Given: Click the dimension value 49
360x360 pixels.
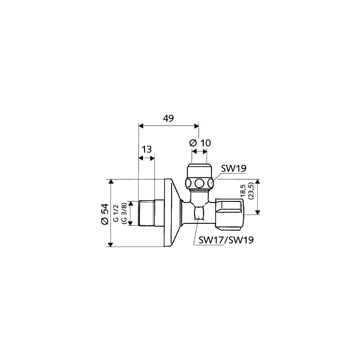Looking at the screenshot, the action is (168, 118).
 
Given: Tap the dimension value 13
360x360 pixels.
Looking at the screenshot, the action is (147, 149).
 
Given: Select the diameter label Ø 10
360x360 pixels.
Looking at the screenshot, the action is (200, 143).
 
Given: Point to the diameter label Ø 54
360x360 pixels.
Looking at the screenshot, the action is (104, 214).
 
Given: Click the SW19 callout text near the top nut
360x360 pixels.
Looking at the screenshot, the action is (234, 168).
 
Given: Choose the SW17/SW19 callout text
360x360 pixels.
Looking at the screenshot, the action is (226, 240).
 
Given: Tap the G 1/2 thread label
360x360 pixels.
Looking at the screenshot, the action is (117, 213).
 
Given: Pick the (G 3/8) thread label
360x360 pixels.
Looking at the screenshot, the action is (124, 213).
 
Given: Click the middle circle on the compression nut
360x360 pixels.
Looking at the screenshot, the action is (199, 183).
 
